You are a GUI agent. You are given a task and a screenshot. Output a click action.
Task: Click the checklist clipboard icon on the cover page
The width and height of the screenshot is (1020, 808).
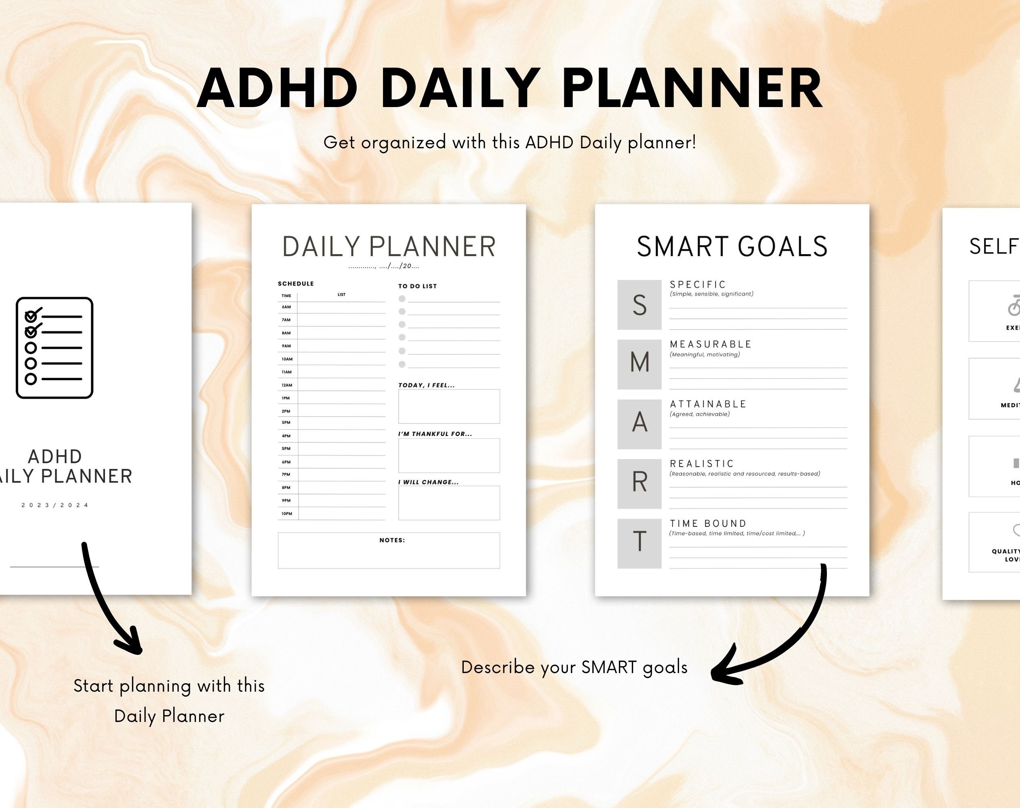pyautogui.click(x=55, y=348)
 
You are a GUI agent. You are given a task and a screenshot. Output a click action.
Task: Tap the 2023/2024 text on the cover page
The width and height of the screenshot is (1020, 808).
pyautogui.click(x=55, y=505)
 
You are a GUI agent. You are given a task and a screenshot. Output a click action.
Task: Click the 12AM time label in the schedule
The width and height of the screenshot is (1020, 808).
pyautogui.click(x=287, y=385)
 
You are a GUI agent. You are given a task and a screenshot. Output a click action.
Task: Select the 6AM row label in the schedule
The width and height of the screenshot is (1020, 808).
pyautogui.click(x=286, y=307)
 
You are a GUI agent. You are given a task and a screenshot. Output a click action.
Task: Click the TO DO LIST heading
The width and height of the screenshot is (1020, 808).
pyautogui.click(x=417, y=286)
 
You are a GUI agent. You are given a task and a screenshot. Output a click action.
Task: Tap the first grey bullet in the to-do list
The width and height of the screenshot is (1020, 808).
pyautogui.click(x=402, y=299)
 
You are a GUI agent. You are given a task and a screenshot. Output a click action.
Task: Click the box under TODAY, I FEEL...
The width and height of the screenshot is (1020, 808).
pyautogui.click(x=448, y=406)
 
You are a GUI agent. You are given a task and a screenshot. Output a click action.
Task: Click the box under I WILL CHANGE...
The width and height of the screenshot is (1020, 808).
pyautogui.click(x=448, y=503)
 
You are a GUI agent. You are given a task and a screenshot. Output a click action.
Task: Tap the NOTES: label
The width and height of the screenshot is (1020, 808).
pyautogui.click(x=392, y=540)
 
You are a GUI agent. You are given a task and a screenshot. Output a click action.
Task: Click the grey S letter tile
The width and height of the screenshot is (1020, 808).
pyautogui.click(x=639, y=305)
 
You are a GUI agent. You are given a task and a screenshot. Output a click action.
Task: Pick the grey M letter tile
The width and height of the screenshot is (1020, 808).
pyautogui.click(x=639, y=364)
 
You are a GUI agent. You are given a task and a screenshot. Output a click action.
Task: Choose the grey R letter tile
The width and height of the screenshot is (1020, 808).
pyautogui.click(x=639, y=484)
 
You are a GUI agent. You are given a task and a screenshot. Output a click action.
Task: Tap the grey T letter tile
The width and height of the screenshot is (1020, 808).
pyautogui.click(x=639, y=543)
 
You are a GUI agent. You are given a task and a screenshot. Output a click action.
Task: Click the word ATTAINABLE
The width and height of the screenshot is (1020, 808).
pyautogui.click(x=708, y=404)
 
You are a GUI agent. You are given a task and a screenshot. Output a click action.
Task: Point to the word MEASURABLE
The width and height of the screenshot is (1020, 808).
pyautogui.click(x=711, y=344)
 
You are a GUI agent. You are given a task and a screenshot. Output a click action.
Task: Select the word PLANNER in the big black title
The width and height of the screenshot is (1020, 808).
pyautogui.click(x=692, y=88)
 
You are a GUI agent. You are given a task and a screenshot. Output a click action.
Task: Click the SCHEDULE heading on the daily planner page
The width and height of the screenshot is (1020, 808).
pyautogui.click(x=296, y=284)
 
